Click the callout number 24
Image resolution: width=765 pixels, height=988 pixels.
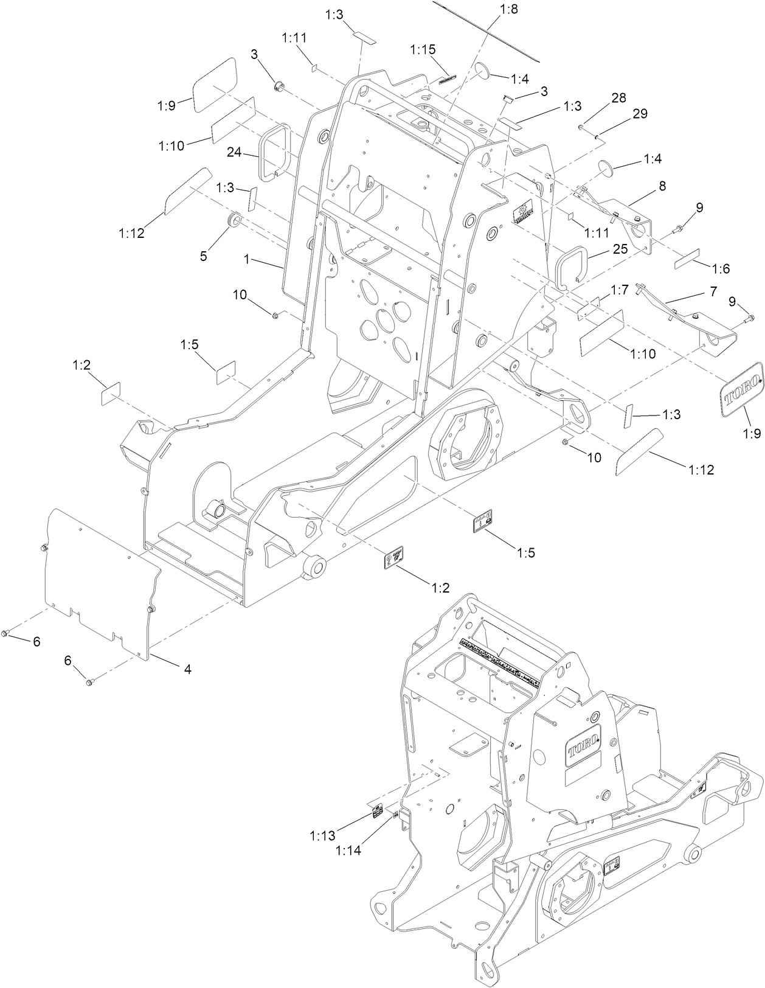tap(234, 152)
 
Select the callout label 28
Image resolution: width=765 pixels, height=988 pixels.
tap(618, 99)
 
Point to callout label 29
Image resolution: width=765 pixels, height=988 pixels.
tap(640, 114)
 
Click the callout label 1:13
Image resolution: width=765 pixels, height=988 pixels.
tap(322, 835)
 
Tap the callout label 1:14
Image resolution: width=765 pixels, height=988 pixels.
tap(348, 850)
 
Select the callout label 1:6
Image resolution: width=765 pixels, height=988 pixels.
tap(721, 268)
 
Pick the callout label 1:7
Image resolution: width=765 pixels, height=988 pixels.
tap(620, 290)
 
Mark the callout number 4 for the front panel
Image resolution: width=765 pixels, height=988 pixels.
tap(188, 669)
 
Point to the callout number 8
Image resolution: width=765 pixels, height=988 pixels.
tap(662, 186)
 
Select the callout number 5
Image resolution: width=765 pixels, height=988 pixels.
tap(204, 256)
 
